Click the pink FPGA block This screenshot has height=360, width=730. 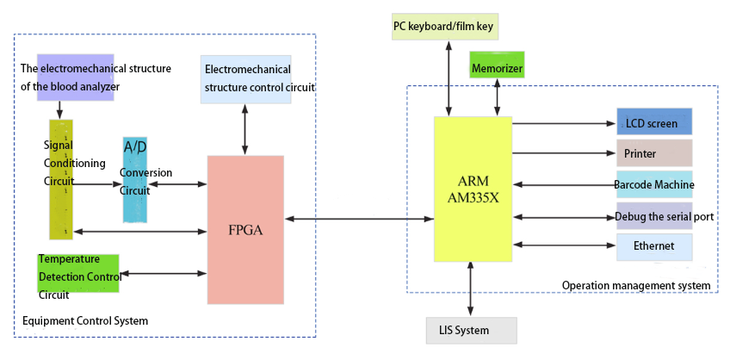pyautogui.click(x=245, y=230)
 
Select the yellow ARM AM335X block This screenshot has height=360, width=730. pyautogui.click(x=473, y=189)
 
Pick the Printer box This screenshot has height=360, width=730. pyautogui.click(x=654, y=153)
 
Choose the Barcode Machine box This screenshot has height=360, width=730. pyautogui.click(x=654, y=184)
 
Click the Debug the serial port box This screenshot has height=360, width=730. pyautogui.click(x=654, y=216)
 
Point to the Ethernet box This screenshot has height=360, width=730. pyautogui.click(x=654, y=246)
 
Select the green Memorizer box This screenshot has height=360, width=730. pyautogui.click(x=497, y=66)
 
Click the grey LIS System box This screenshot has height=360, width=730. pyautogui.click(x=472, y=330)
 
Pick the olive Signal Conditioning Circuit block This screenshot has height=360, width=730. pyautogui.click(x=60, y=179)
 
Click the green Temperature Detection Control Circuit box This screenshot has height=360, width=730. pyautogui.click(x=78, y=274)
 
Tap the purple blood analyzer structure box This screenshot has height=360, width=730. pyautogui.click(x=76, y=77)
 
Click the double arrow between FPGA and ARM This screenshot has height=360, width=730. pyautogui.click(x=359, y=220)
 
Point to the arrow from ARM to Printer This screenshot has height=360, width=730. pyautogui.click(x=564, y=153)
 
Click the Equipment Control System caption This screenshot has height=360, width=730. pyautogui.click(x=85, y=320)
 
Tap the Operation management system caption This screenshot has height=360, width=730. pyautogui.click(x=635, y=285)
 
